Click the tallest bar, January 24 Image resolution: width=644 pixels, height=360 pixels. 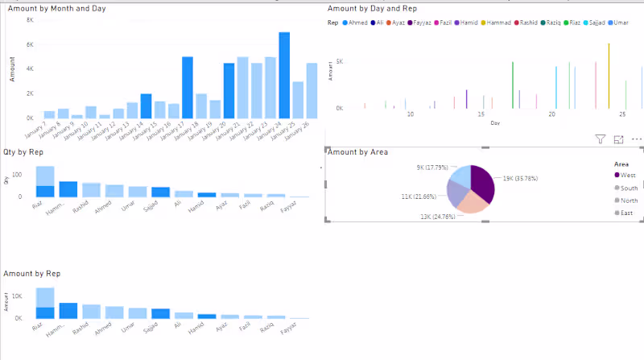[x=284, y=77]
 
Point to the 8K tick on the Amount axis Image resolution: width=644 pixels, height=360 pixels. [x=29, y=19]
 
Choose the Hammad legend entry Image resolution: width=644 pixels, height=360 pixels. [x=493, y=23]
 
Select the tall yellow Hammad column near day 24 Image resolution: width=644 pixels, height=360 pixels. [x=609, y=77]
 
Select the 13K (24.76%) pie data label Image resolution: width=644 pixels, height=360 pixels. [x=436, y=217]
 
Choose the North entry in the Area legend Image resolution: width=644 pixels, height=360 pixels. [x=629, y=200]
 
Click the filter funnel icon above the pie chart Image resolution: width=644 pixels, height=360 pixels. [x=600, y=139]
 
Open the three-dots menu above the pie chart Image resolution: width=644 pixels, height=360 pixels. [x=636, y=139]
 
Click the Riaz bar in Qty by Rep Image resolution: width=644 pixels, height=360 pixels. [x=45, y=182]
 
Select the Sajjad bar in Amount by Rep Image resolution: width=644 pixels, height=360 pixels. [x=161, y=313]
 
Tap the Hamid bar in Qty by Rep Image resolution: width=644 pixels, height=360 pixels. [x=207, y=194]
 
